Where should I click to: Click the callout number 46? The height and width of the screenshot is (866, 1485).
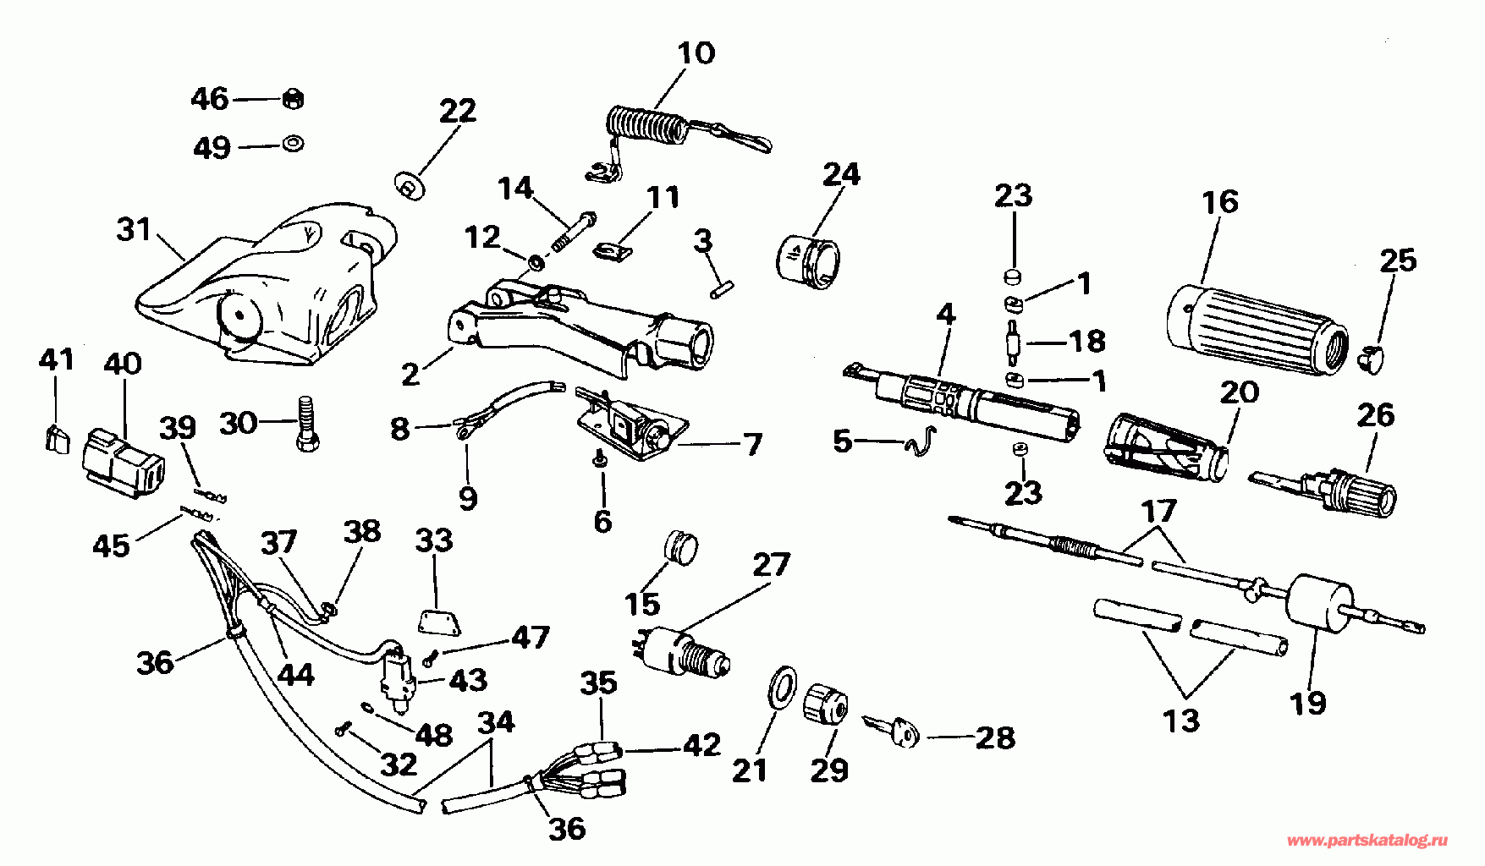pyautogui.click(x=210, y=99)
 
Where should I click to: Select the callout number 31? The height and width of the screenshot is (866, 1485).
pyautogui.click(x=134, y=229)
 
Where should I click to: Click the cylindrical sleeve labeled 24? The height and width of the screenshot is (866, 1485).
pyautogui.click(x=807, y=259)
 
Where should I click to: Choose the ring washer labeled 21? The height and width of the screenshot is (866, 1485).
pyautogui.click(x=782, y=686)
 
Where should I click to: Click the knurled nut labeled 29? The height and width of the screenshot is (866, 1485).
pyautogui.click(x=825, y=704)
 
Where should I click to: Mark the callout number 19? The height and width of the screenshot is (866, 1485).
pyautogui.click(x=1308, y=702)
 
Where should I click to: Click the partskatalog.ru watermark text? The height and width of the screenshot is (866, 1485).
pyautogui.click(x=1367, y=841)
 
